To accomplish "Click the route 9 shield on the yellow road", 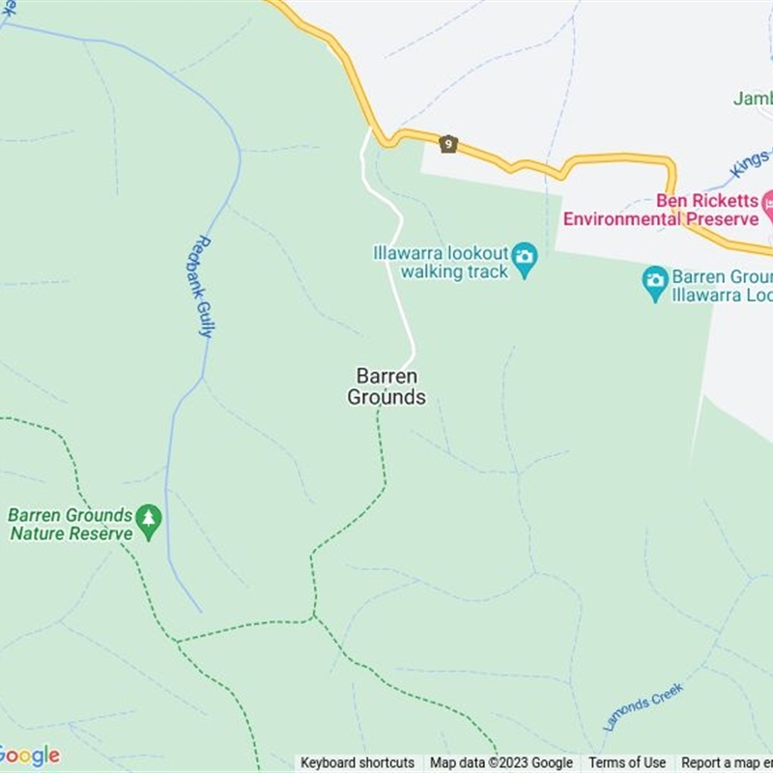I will click(447, 144).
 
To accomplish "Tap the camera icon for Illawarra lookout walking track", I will click(524, 257).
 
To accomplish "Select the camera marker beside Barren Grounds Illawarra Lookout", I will click(655, 281).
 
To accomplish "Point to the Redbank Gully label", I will click(201, 287).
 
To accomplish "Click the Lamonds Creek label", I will click(643, 706).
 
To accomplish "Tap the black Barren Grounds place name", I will click(386, 386).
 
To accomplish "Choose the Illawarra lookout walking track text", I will click(441, 263).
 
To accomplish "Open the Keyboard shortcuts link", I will click(358, 762).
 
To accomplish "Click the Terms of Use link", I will click(627, 762).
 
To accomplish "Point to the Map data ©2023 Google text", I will click(501, 762).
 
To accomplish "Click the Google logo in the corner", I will click(30, 756).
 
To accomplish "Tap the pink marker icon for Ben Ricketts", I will click(768, 203).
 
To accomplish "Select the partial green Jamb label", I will click(752, 99).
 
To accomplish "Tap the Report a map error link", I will click(727, 762).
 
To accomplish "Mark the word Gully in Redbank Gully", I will click(205, 317).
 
